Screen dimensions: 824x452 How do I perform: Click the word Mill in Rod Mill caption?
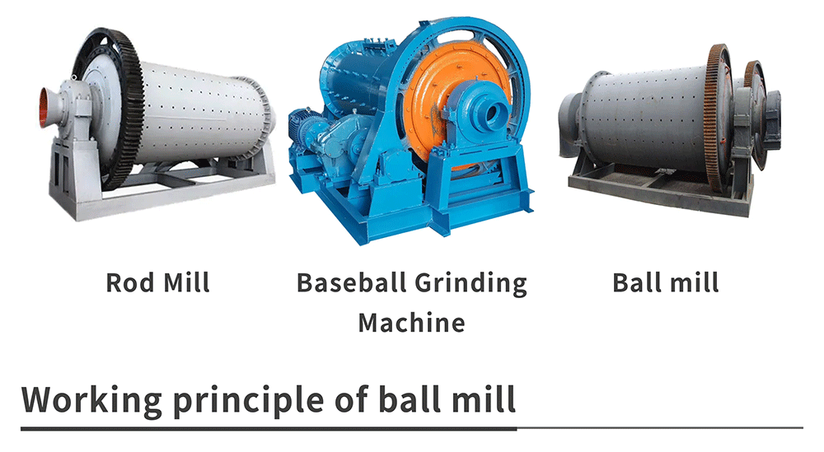click(x=186, y=282)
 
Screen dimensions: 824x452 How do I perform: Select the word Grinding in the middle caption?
click(x=471, y=284)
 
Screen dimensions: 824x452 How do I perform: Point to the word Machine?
click(x=411, y=323)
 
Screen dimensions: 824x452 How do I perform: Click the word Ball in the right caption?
click(x=636, y=282)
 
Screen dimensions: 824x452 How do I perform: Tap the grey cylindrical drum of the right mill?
click(x=646, y=118)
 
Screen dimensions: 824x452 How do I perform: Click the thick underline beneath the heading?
click(x=269, y=428)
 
